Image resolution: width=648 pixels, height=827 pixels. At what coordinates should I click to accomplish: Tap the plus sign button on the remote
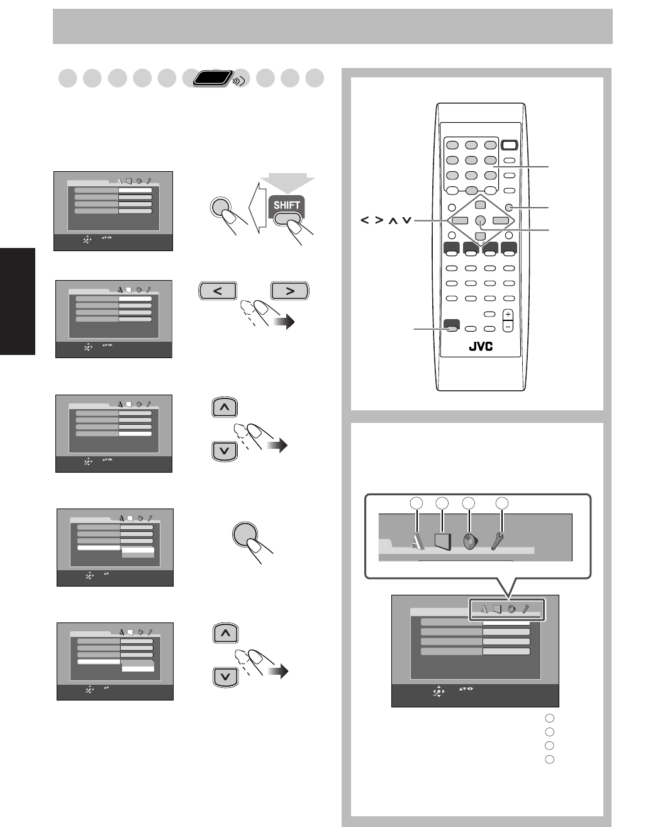click(508, 315)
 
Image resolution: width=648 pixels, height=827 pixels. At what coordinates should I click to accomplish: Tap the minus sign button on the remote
click(508, 327)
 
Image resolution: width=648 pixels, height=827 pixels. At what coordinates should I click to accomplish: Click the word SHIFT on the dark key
click(286, 205)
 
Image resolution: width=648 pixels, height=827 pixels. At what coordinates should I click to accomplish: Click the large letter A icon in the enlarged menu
click(416, 540)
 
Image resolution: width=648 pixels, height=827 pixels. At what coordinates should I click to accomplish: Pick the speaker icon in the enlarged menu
click(470, 541)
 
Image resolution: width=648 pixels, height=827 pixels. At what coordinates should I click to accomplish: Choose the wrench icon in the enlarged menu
click(498, 539)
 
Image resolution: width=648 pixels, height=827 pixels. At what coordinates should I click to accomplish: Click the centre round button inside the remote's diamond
click(480, 220)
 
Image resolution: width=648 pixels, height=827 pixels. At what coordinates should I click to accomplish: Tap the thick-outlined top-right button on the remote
click(510, 145)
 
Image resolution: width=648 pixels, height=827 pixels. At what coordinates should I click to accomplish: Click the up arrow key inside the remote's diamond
click(480, 205)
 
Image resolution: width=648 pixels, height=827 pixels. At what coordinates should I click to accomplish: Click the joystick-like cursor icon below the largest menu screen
click(437, 691)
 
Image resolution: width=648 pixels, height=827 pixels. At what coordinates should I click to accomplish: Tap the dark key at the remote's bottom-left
click(450, 326)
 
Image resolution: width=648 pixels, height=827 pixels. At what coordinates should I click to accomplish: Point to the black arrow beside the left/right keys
click(286, 323)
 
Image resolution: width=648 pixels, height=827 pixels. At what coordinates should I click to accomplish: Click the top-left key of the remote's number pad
click(452, 145)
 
